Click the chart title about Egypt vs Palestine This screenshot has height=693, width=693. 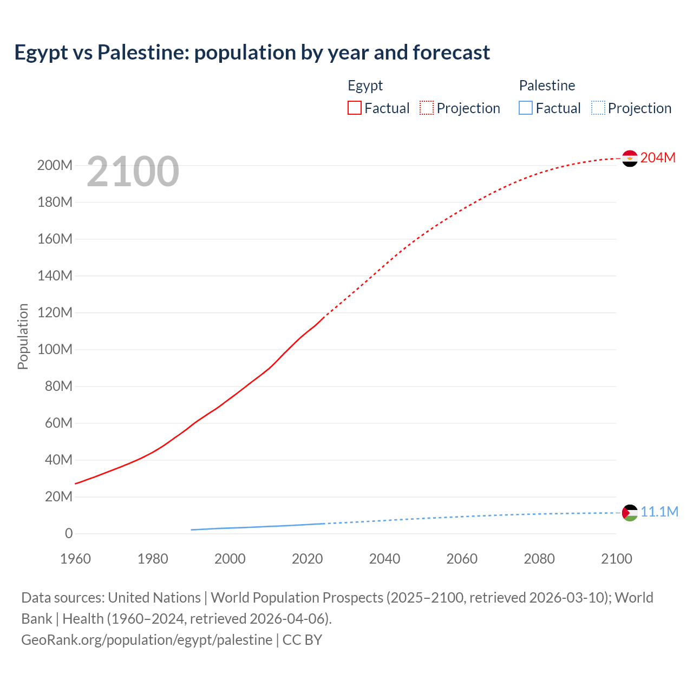(252, 53)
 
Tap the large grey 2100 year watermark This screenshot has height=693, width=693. (133, 172)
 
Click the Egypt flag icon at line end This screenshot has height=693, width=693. (630, 158)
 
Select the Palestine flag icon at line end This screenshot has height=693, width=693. (630, 512)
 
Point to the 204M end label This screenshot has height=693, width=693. (658, 158)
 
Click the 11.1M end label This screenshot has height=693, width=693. (659, 512)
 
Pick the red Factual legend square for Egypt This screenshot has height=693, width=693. (355, 108)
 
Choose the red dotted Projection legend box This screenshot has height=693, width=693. (427, 108)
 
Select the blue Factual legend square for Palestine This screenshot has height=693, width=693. (526, 108)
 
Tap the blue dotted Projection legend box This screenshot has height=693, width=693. (598, 108)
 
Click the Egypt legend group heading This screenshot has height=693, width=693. (365, 86)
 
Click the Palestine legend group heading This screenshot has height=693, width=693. (547, 86)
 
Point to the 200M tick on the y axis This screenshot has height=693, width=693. (55, 165)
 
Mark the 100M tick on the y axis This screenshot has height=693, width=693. (55, 349)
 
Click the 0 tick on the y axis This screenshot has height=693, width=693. (69, 533)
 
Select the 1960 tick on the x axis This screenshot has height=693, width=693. (75, 559)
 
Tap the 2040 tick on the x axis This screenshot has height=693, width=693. (384, 559)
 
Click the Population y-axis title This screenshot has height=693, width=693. (23, 336)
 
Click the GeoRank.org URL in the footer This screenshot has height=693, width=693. (147, 640)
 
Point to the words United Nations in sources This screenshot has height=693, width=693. (154, 598)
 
